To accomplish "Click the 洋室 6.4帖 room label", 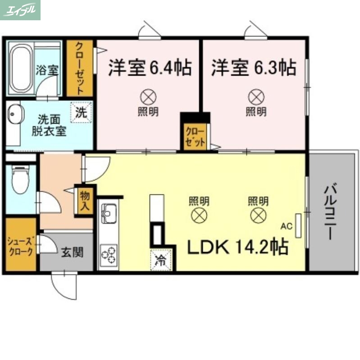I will (x=149, y=68).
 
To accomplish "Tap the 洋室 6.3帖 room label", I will (x=254, y=68).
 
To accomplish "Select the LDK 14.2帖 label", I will (x=238, y=247).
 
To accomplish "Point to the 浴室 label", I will (x=47, y=70).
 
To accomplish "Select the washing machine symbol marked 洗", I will (x=81, y=112).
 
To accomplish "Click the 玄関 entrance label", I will (x=72, y=252).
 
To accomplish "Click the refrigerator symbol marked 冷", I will (x=160, y=260).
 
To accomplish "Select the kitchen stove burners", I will (x=109, y=254).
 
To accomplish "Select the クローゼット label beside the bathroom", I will (x=79, y=68).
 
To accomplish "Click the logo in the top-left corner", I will (x=20, y=9).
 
